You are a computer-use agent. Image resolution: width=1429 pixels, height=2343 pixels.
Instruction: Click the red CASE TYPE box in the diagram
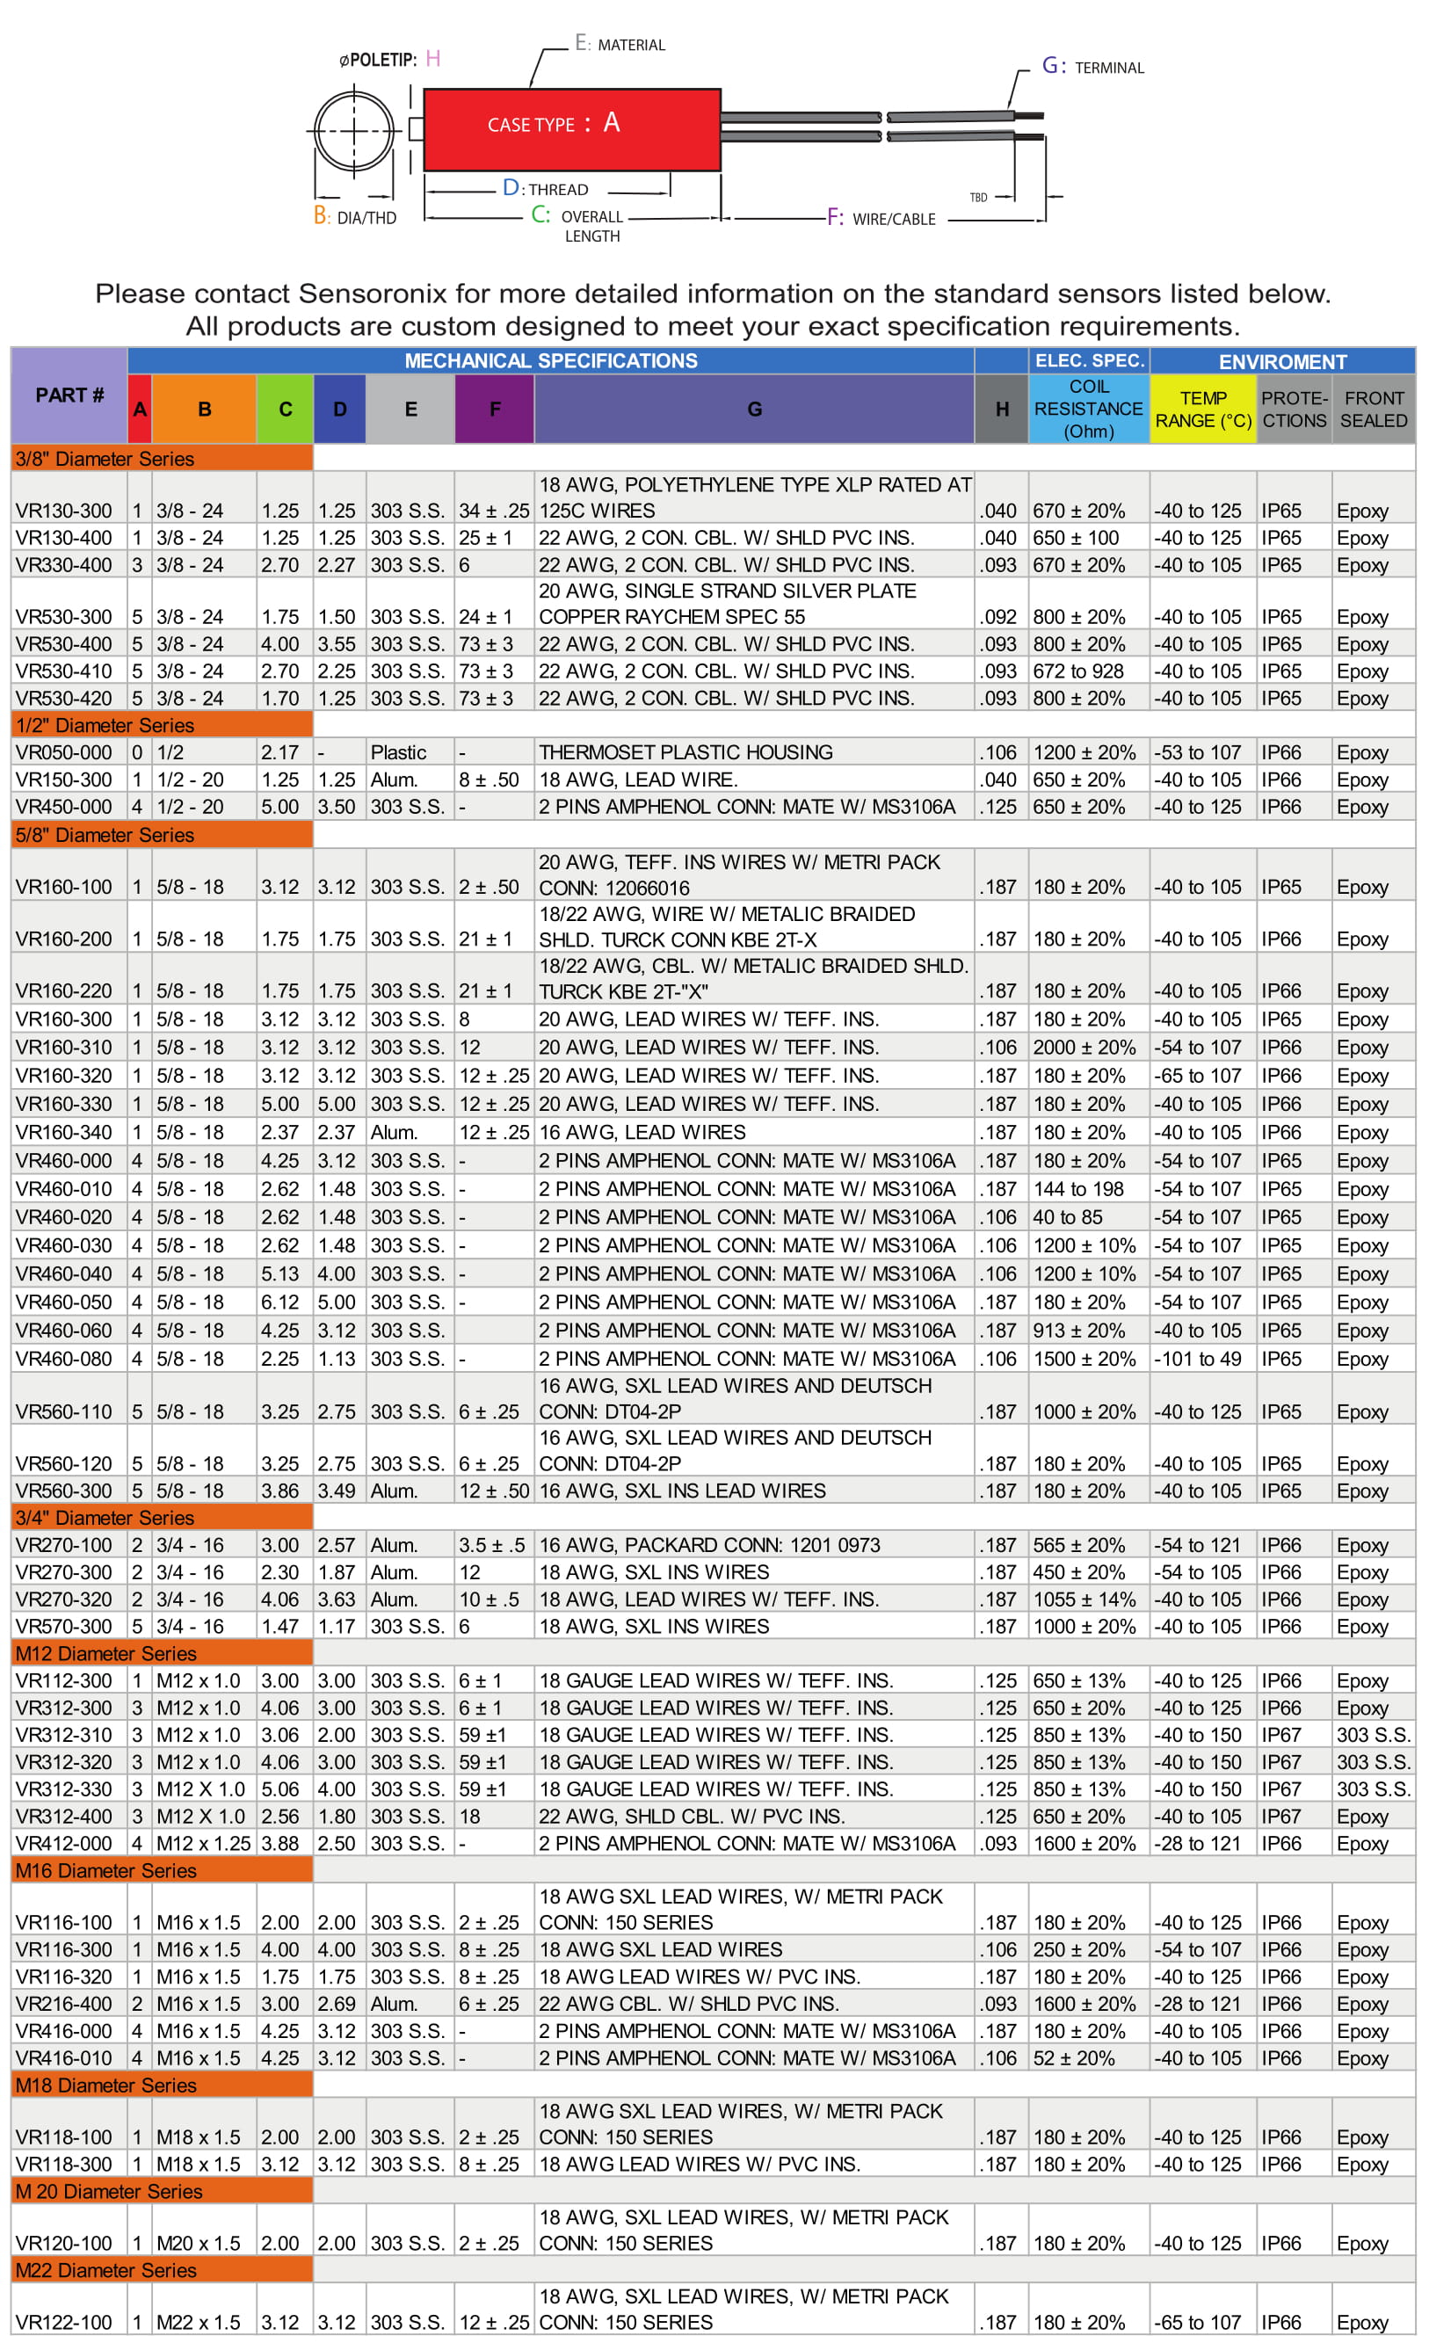pos(571,129)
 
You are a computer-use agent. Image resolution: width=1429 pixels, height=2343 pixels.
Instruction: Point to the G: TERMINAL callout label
pos(1092,67)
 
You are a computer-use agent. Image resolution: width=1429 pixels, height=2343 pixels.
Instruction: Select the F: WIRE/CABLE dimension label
pos(881,218)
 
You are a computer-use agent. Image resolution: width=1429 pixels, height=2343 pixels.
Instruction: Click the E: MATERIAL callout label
pos(620,44)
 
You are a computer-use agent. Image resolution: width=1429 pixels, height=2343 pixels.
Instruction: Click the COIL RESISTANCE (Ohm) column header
pos(1089,409)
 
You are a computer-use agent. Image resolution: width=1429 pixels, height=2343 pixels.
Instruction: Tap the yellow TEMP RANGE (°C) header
pos(1203,409)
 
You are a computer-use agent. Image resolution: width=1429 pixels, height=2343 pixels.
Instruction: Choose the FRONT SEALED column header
pos(1374,409)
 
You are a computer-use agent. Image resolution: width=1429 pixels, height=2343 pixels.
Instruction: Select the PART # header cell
pos(69,395)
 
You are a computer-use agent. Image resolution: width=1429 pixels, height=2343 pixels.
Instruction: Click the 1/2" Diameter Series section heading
pos(105,726)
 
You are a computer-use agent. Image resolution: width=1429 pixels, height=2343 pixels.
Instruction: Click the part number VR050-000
pos(63,752)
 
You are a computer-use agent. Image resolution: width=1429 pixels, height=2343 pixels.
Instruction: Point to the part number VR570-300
pos(63,1626)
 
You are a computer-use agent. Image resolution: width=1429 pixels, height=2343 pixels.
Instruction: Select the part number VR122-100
pos(63,2322)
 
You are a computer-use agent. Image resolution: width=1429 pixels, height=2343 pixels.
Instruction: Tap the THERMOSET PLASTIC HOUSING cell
pos(685,752)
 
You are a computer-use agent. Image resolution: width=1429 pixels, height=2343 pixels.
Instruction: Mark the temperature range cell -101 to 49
pos(1198,1359)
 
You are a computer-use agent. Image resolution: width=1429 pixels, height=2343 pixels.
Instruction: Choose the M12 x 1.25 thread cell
pos(204,1843)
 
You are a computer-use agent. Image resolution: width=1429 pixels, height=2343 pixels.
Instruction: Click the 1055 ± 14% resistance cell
pos(1084,1599)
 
